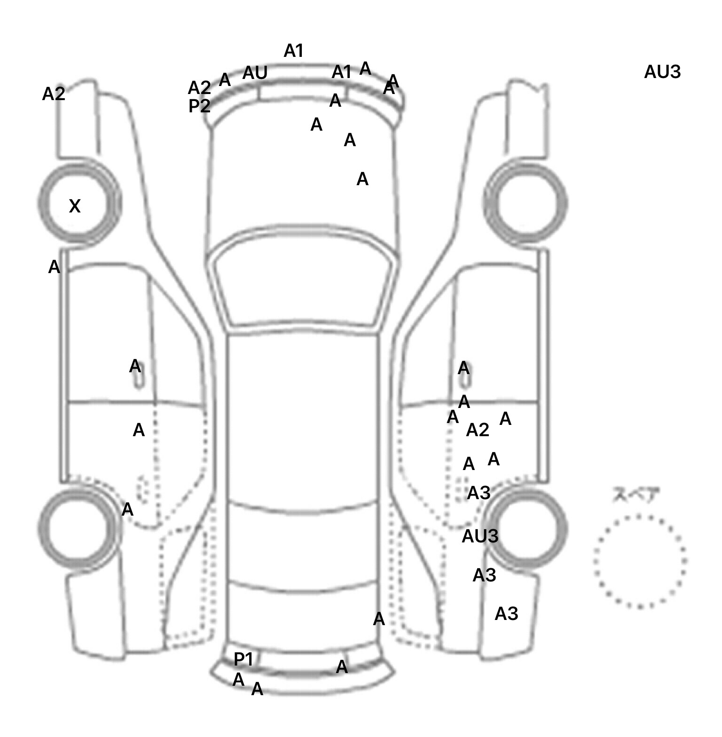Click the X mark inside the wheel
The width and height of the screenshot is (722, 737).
[75, 206]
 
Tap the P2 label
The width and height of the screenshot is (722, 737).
[199, 106]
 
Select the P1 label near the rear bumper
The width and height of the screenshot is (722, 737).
[243, 659]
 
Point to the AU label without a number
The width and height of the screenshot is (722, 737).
[255, 73]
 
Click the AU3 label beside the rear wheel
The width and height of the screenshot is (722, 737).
[480, 536]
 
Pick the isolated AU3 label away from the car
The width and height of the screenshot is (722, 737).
[662, 72]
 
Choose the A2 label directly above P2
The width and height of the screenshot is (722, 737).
[199, 88]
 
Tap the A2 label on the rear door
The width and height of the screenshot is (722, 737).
[478, 430]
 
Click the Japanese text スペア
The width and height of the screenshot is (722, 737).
[636, 495]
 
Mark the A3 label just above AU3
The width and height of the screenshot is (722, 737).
[479, 493]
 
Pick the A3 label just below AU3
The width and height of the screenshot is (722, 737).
[484, 575]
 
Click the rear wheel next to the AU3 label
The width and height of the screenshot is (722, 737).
[526, 526]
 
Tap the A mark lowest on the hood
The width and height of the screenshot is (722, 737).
[362, 179]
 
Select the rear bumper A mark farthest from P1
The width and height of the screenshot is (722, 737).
[342, 666]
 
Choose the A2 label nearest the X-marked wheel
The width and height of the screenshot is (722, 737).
[54, 94]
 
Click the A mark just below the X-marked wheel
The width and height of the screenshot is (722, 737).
[55, 267]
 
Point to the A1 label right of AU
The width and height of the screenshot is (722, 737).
[342, 72]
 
